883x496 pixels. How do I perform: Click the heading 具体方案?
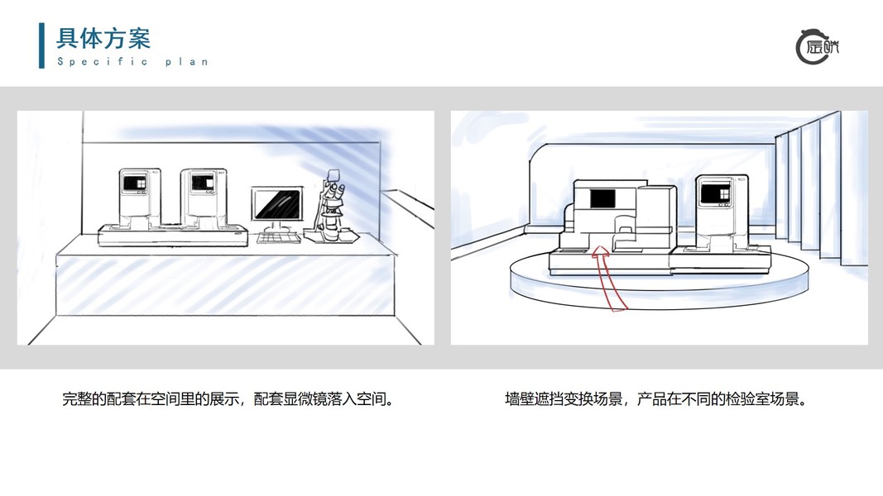(103, 38)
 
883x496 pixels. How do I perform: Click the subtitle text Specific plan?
(132, 62)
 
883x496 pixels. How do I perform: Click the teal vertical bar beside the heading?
(42, 45)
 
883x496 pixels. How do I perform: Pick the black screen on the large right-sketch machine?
(602, 198)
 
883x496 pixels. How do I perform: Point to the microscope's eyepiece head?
(334, 176)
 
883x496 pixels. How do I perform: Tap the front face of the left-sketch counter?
(223, 289)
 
